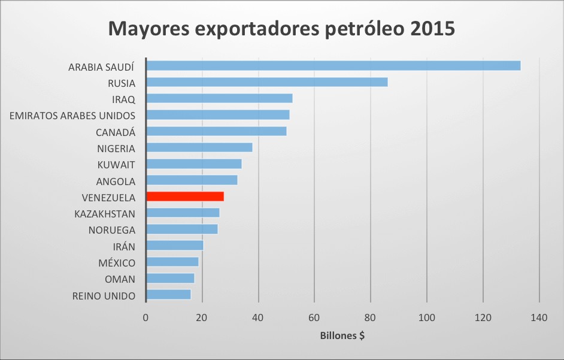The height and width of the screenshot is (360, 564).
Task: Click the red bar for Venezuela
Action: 185,196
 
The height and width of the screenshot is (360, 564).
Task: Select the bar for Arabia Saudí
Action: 333,66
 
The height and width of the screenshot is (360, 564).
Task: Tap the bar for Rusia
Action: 266,82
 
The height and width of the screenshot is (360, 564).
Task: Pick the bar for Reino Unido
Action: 168,295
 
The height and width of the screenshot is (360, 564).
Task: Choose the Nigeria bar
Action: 199,147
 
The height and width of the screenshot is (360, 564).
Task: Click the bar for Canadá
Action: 216,131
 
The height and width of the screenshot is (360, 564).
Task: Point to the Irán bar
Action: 175,245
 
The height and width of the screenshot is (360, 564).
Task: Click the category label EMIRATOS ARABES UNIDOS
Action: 72,116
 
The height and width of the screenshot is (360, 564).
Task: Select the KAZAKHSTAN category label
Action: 105,214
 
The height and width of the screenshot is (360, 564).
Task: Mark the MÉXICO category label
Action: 117,263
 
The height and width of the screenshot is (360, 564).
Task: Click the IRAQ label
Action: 123,99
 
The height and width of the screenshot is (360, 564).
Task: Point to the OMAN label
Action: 120,279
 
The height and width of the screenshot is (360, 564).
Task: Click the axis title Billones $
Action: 342,336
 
